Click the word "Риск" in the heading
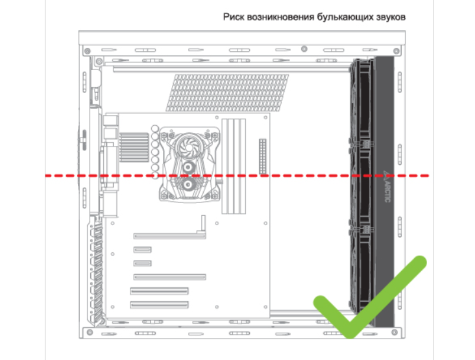234,17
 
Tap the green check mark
370,297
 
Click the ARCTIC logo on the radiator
387,186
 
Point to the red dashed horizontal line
237,176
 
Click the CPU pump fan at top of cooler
188,147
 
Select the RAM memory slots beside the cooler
234,166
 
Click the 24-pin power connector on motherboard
263,156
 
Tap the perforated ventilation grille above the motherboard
227,93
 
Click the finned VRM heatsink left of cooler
134,147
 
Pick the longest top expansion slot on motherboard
169,235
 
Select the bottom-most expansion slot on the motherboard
160,305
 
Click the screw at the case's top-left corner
87,51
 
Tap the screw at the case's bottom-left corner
90,332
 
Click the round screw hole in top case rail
304,49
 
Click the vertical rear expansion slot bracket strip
96,270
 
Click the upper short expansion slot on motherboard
142,250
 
